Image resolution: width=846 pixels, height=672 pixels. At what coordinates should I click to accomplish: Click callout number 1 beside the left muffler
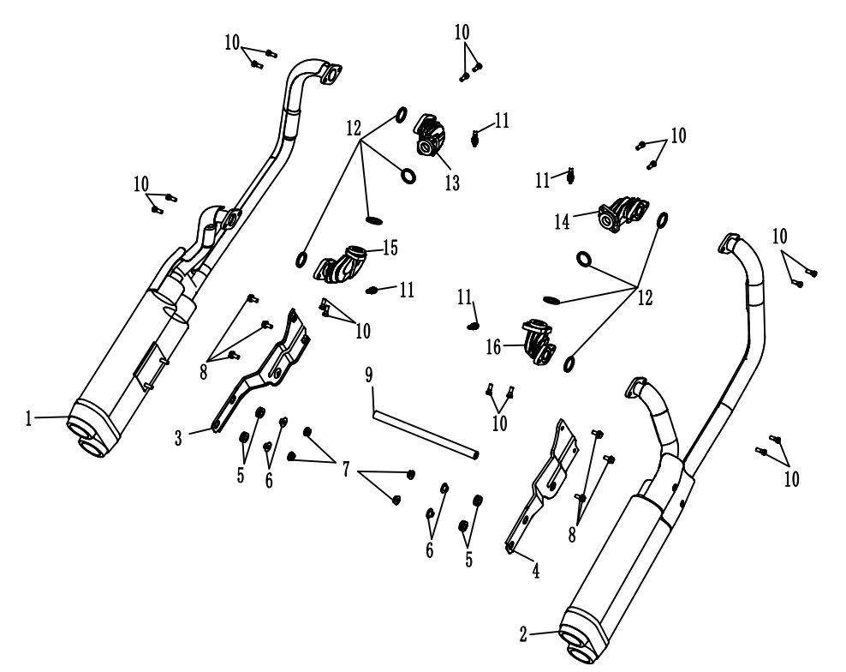(x=28, y=419)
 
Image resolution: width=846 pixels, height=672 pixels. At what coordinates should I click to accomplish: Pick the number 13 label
(x=451, y=182)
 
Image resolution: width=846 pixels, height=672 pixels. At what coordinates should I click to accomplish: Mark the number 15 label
(x=390, y=247)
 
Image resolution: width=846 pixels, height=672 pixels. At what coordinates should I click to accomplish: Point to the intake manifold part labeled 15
(x=342, y=262)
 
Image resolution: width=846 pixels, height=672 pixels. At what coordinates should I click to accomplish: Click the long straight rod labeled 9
(x=424, y=436)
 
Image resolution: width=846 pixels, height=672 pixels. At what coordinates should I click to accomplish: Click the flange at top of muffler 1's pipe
(x=328, y=75)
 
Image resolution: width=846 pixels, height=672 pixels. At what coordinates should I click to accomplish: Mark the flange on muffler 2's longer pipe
(x=727, y=242)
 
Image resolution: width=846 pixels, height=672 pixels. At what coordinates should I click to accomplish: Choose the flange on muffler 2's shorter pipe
(x=634, y=387)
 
